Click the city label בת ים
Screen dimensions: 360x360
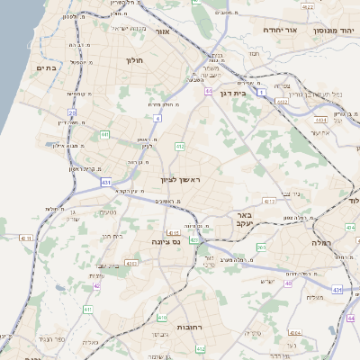tap(46, 67)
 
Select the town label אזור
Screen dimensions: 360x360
tap(162, 32)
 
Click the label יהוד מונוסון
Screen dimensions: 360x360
tap(334, 30)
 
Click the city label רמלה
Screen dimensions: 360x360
tap(322, 243)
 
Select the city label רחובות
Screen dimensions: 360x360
tap(194, 327)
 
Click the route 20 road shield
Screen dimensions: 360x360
tap(72, 112)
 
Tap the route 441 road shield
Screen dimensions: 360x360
tap(105, 135)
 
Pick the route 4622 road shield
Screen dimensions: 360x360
tap(308, 7)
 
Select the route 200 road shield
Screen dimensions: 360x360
tap(261, 247)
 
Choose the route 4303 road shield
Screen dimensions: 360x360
tap(130, 264)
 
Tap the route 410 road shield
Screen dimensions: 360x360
tap(162, 318)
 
